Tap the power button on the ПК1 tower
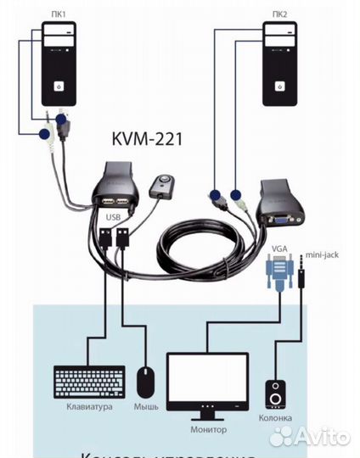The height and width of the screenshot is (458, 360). (x=59, y=86)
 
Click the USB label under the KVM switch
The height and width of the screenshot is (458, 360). (x=114, y=217)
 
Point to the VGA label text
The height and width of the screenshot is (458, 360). (x=278, y=248)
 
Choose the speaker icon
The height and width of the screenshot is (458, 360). (x=278, y=394)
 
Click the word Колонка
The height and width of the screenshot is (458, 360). (x=277, y=418)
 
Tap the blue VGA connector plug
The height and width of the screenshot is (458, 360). (x=278, y=274)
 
